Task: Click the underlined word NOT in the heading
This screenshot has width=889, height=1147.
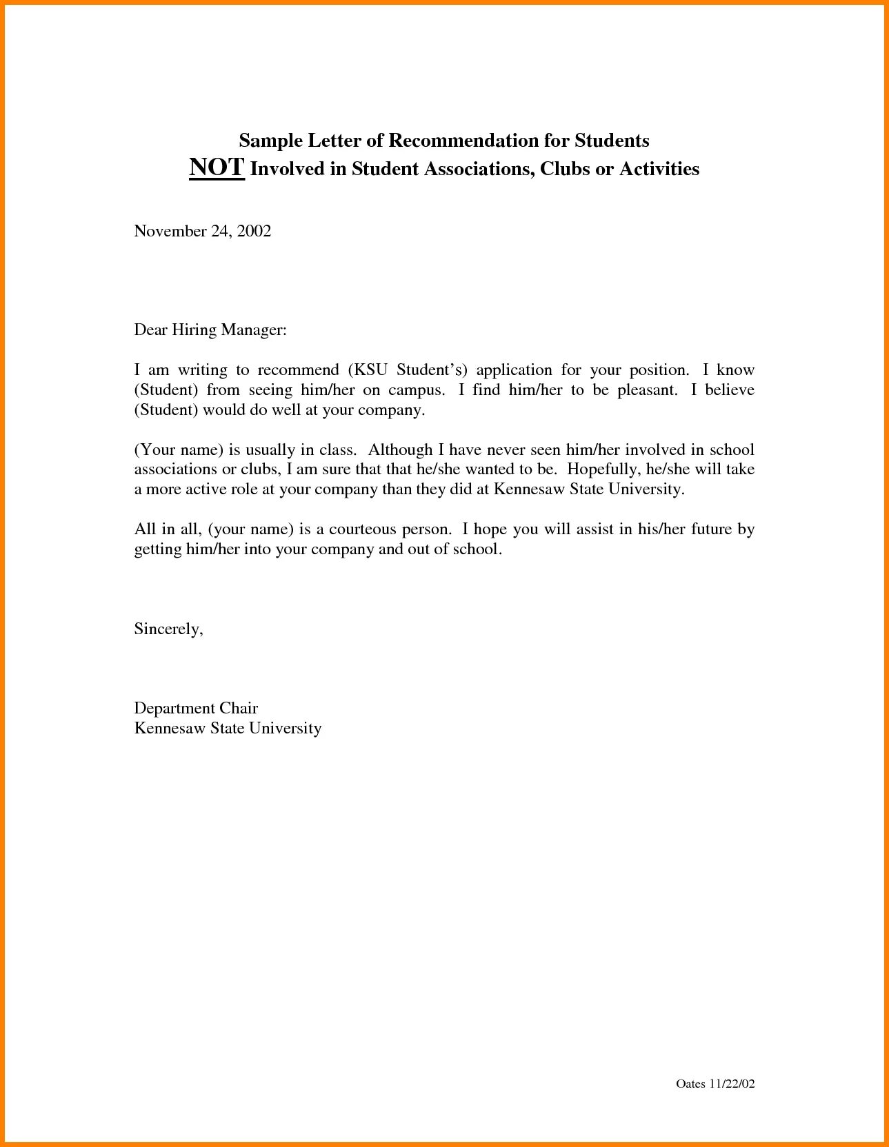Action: pos(217,168)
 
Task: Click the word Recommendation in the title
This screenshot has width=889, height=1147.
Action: pos(463,141)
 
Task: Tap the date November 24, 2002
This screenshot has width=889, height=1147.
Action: pos(202,231)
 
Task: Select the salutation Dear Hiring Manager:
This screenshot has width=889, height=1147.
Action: pos(210,330)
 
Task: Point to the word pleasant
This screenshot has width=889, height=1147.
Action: pos(646,390)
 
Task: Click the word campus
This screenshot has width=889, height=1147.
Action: pos(416,390)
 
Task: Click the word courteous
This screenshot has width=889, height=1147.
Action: pos(357,529)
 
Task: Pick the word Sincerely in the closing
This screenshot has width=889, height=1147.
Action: pos(168,629)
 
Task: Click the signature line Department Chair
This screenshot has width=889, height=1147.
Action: pos(196,708)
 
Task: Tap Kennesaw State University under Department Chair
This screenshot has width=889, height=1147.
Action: pos(228,728)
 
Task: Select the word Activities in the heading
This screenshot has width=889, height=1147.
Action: pos(659,169)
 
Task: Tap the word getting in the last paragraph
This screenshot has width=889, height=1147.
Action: pos(157,550)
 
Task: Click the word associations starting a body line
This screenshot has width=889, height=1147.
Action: pos(174,469)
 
